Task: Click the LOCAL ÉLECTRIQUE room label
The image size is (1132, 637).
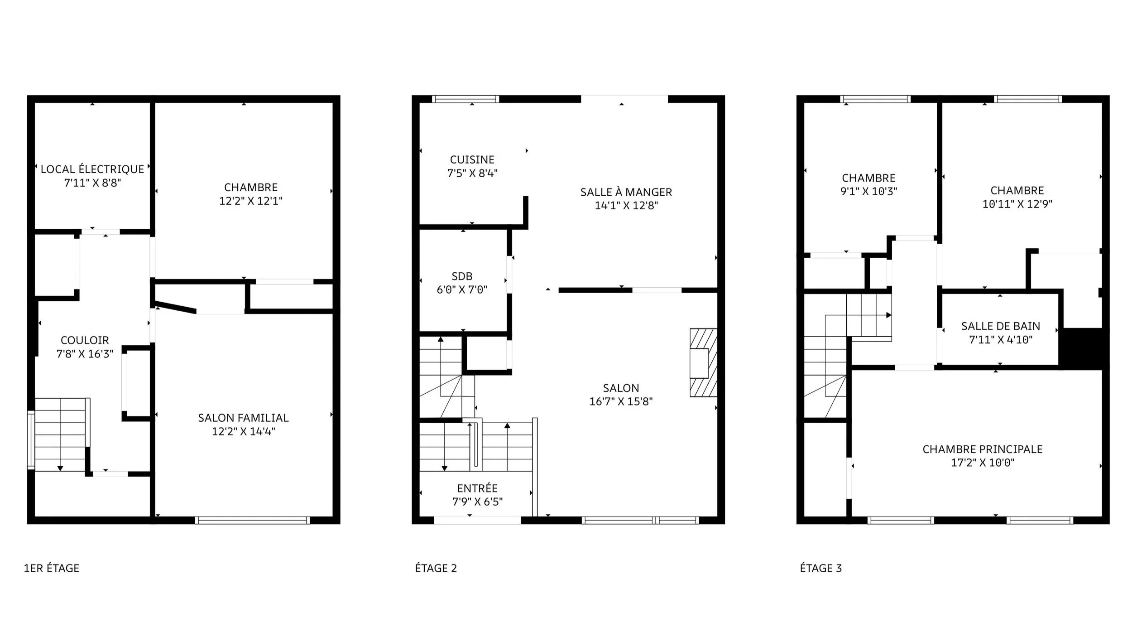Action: coord(92,169)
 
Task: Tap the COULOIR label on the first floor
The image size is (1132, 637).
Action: coord(85,340)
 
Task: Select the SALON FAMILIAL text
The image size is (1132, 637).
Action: coord(243,418)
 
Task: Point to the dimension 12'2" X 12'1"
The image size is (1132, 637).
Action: coord(251,201)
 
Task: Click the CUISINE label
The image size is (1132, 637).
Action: coord(472,159)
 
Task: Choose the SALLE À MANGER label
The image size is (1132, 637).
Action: coord(626,192)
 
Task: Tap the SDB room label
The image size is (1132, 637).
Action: coord(462,276)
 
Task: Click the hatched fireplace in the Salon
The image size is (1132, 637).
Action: coord(703,363)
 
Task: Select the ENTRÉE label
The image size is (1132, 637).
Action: coord(477,488)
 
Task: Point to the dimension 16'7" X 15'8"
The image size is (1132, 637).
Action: coord(621,401)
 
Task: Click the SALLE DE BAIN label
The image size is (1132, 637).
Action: coord(1001,326)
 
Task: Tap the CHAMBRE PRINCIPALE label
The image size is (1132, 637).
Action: coord(983,449)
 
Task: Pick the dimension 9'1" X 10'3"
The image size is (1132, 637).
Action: coord(868,191)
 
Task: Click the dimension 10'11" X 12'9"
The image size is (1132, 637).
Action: coord(1017,204)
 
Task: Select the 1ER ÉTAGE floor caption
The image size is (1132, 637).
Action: coord(52,568)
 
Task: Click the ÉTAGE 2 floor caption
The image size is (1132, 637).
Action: coord(436,568)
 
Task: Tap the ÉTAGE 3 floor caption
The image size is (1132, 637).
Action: coord(821,568)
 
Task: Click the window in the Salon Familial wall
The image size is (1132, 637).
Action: coord(253,520)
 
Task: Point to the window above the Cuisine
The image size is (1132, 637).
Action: coord(465,99)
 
